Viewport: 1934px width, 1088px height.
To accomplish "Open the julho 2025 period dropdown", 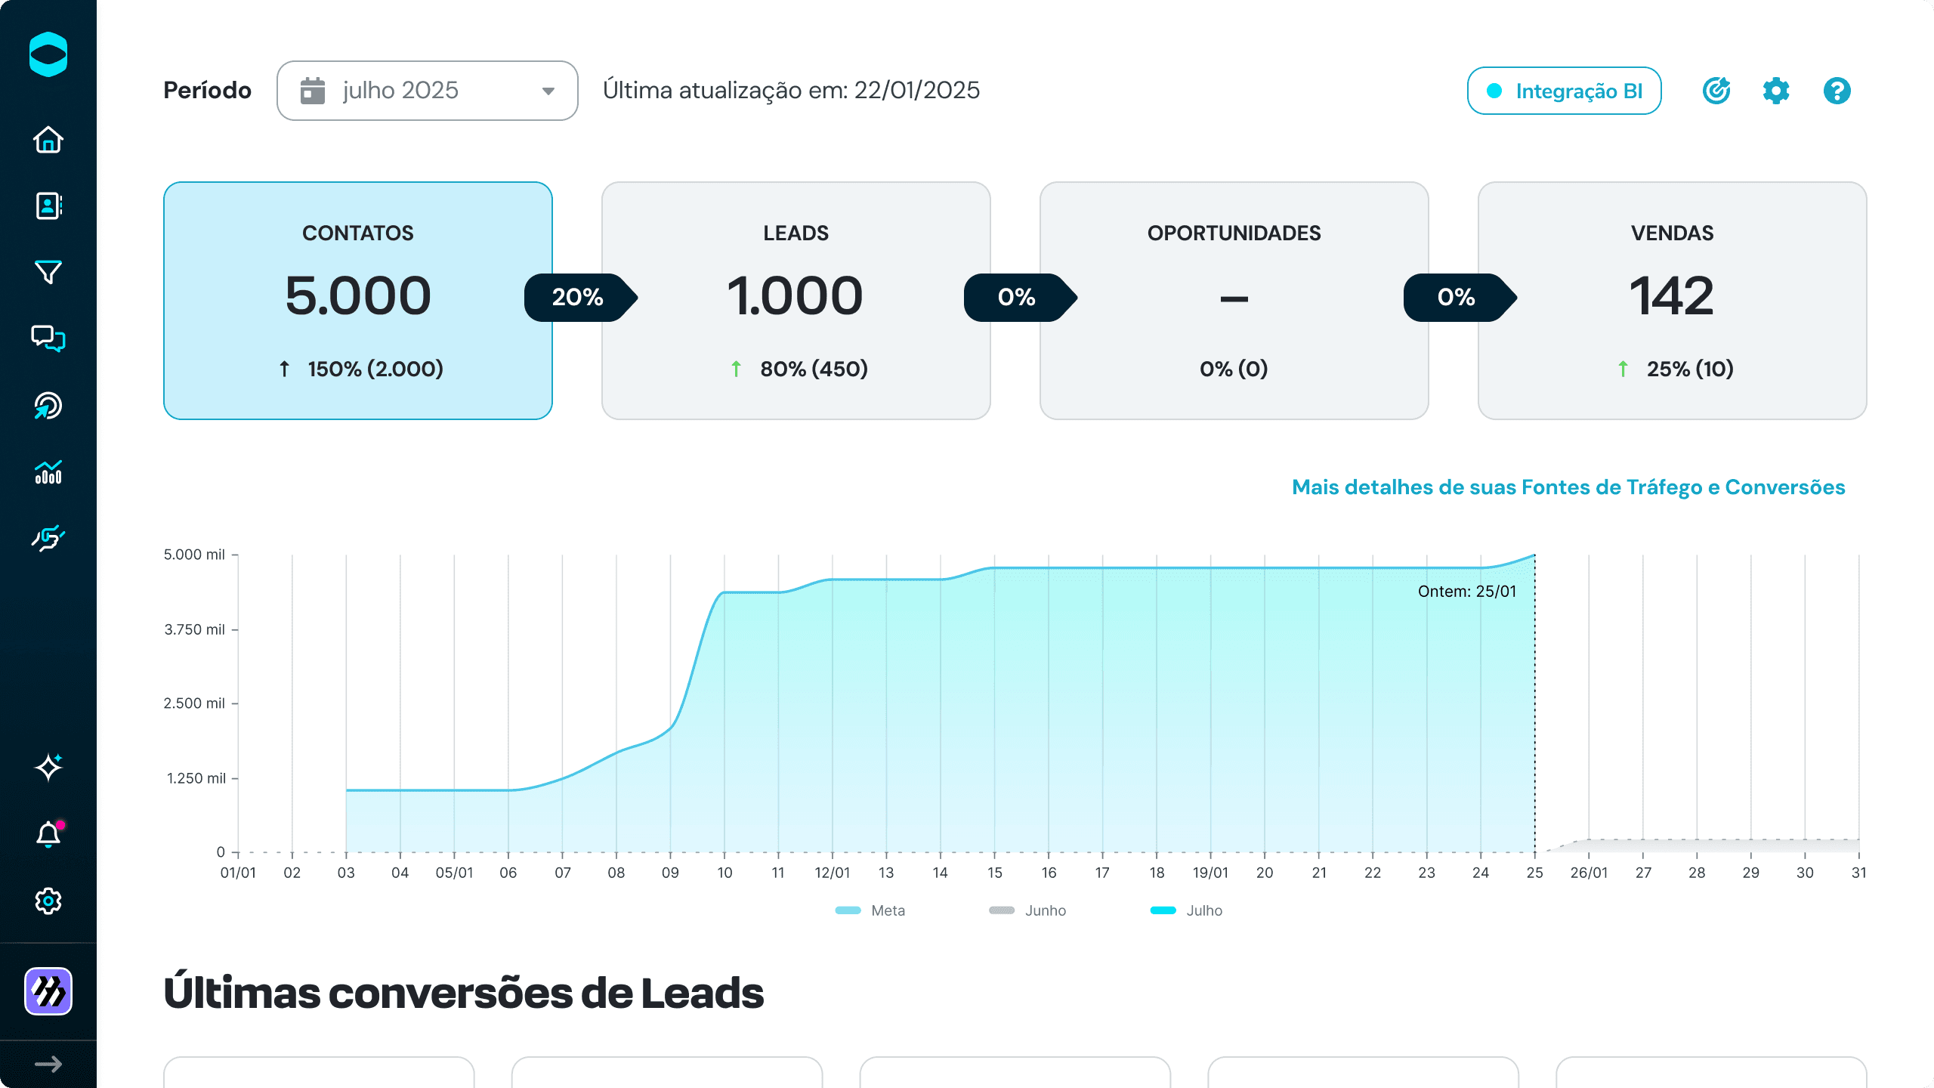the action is coord(428,91).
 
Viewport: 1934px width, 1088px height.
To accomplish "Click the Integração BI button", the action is coord(1564,91).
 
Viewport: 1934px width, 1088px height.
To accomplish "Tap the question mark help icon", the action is coord(1837,91).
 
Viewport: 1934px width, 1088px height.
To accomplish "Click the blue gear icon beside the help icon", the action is coord(1776,91).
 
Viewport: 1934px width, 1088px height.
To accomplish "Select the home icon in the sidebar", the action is coord(48,140).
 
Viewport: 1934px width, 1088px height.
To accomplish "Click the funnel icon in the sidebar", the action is coord(48,272).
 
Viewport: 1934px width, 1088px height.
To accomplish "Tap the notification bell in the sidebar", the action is coord(48,834).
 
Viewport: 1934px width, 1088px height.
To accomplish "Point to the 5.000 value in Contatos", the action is coord(358,295).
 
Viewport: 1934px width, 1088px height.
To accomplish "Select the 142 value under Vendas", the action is coord(1672,295).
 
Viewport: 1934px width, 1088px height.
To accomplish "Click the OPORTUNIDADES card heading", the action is coord(1234,233).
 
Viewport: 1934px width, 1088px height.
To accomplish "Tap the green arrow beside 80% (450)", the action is coord(736,369).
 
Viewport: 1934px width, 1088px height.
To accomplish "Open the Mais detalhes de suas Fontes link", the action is coord(1568,487).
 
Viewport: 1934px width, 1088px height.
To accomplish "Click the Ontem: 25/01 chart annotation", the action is coord(1467,592).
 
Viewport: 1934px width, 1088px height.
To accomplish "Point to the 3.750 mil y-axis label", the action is coord(195,629).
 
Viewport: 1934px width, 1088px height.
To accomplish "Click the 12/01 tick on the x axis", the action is coord(832,873).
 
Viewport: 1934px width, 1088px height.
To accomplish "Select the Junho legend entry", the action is coord(1027,910).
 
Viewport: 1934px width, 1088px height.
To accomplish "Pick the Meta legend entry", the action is coord(870,910).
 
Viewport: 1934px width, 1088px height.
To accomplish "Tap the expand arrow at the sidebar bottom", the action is coord(48,1065).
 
